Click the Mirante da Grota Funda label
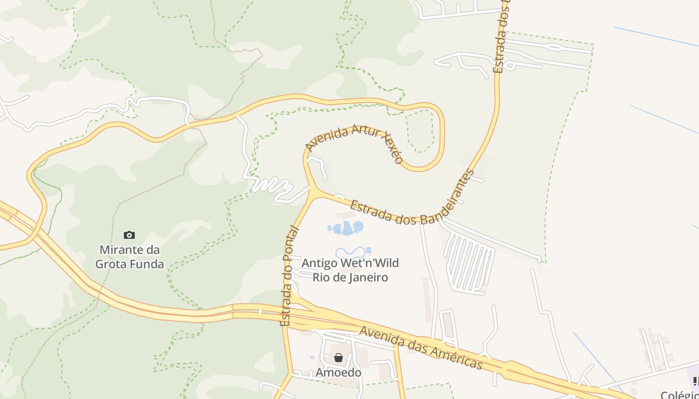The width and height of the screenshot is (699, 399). coord(129,257)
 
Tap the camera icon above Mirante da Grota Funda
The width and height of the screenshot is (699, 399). coord(129,235)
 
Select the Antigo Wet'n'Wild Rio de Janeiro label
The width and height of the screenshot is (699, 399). coord(350,270)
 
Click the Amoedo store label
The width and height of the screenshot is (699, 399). coord(338,373)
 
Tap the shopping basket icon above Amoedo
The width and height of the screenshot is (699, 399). coord(339,358)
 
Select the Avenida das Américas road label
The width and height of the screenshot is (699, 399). coord(421,348)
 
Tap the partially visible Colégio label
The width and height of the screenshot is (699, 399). coord(680,395)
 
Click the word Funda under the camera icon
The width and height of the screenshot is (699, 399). coord(148,264)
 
